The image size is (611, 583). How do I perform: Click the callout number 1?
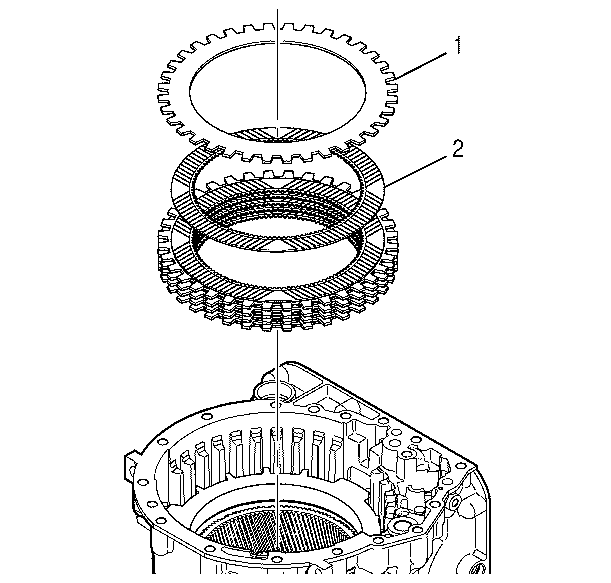click(457, 48)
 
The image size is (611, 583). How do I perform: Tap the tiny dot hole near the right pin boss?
click(439, 486)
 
